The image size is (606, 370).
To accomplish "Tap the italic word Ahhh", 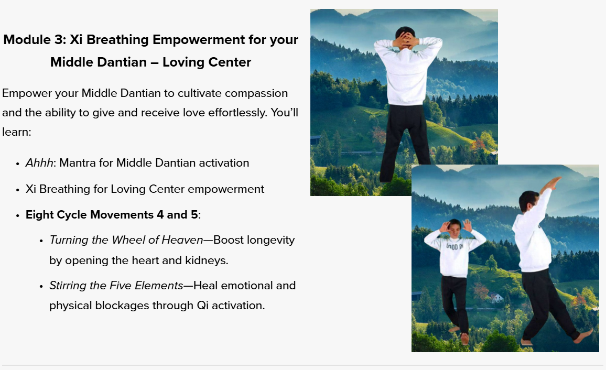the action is (x=39, y=162).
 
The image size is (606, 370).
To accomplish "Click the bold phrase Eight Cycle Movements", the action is (x=90, y=214).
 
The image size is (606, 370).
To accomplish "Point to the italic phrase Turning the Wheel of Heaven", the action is (x=126, y=240).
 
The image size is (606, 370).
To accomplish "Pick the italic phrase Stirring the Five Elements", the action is (x=116, y=286).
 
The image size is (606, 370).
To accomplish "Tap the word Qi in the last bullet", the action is (x=202, y=306).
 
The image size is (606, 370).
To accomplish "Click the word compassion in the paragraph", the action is (x=256, y=93).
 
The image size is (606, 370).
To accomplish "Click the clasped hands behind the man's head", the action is (x=404, y=40).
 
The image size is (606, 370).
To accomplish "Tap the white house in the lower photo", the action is (x=496, y=297).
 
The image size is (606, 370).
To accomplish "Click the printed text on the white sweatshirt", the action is (x=455, y=246).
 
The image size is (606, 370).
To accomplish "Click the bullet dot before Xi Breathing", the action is (x=18, y=190).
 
